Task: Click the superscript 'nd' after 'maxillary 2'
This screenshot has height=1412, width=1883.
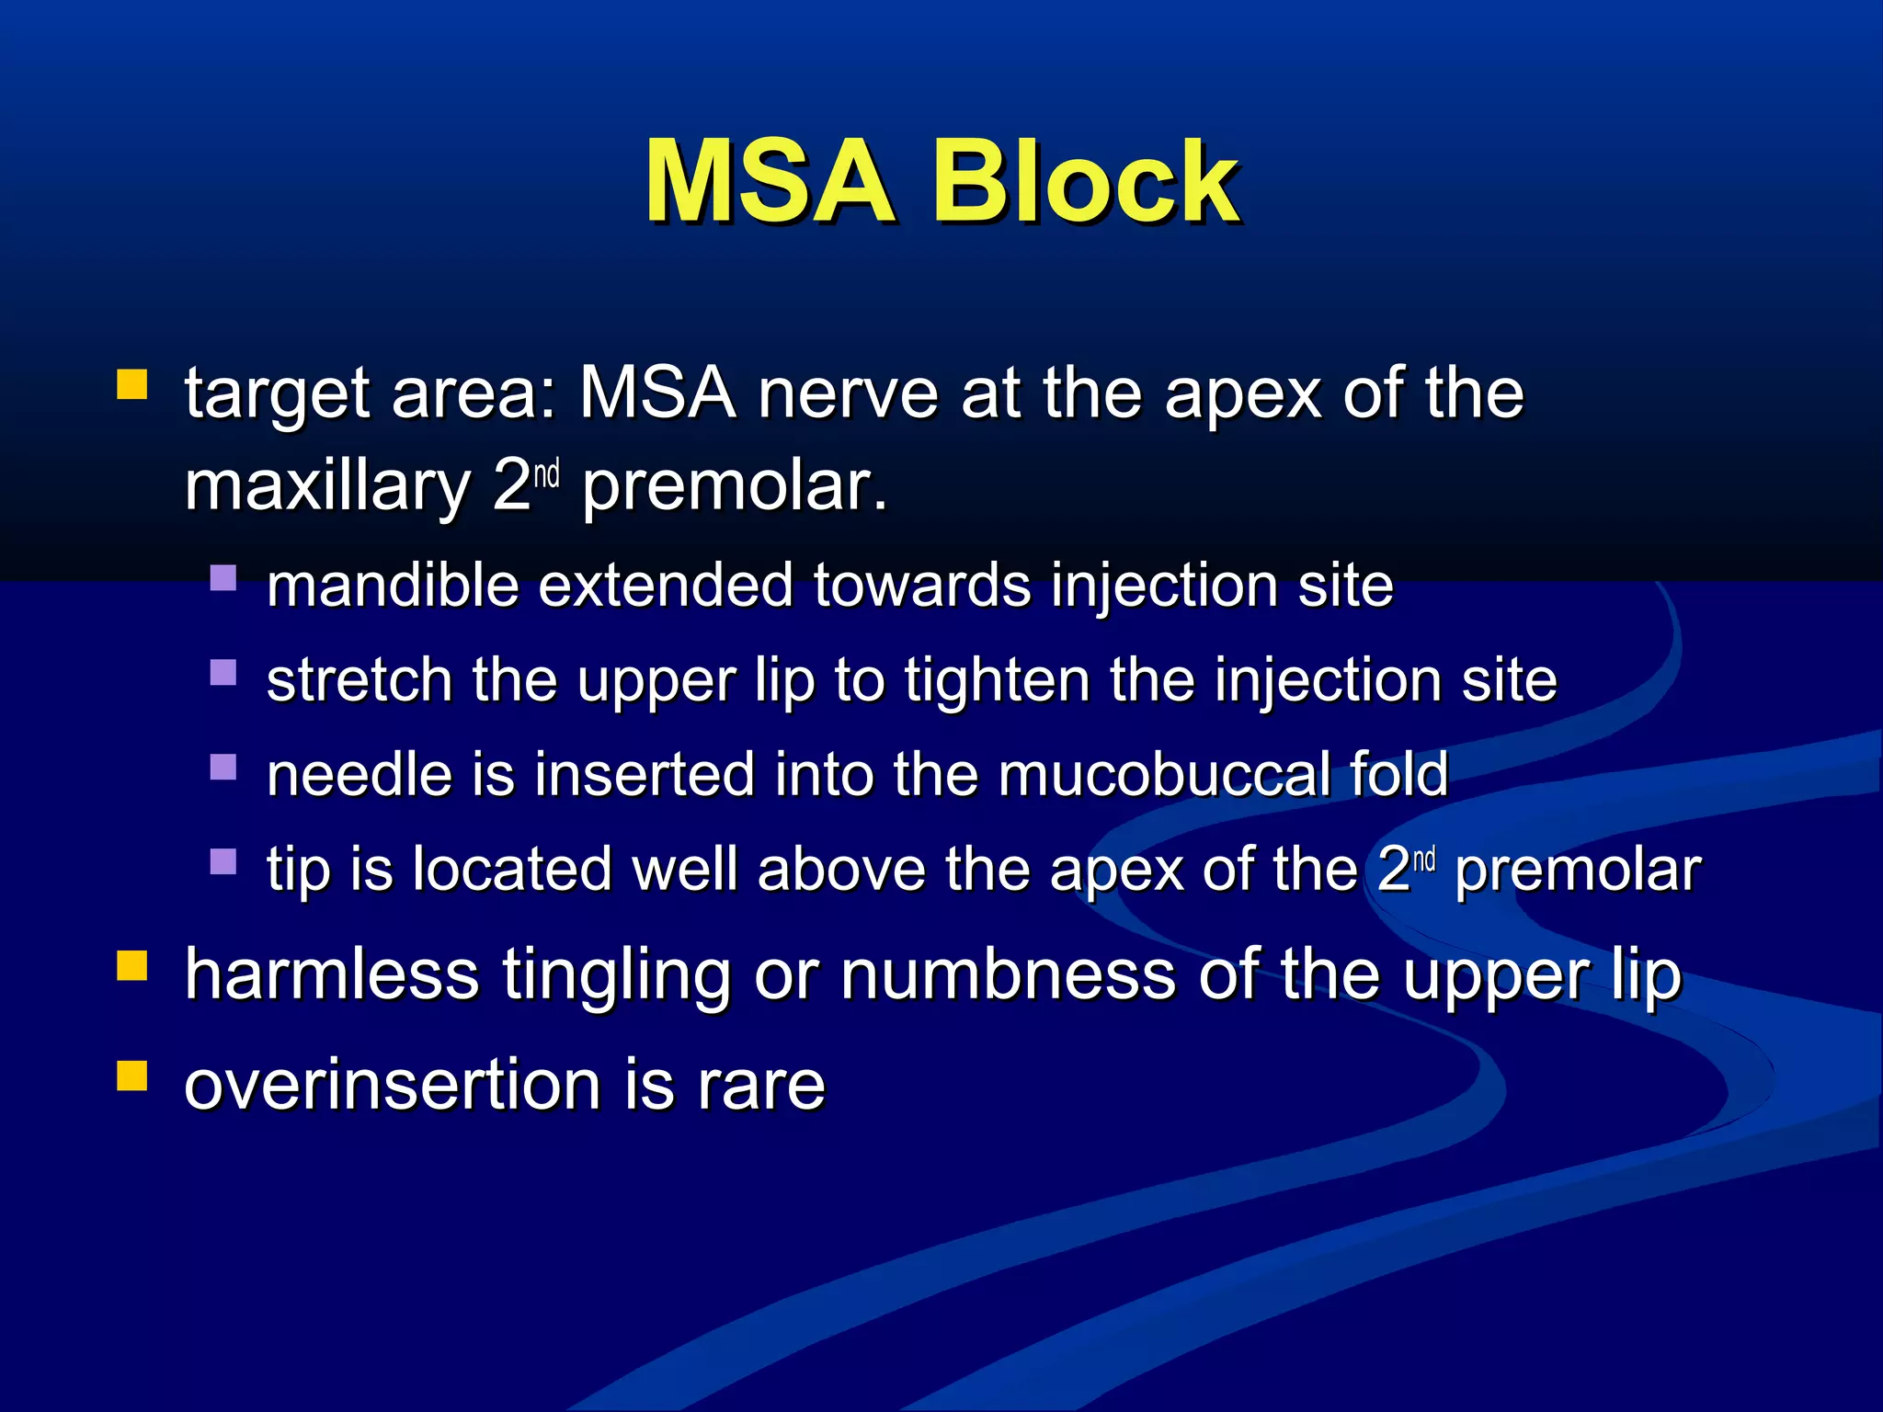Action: click(546, 474)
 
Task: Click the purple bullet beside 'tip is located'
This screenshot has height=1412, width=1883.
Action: click(223, 861)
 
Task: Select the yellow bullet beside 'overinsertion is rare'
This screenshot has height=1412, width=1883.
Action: click(132, 1075)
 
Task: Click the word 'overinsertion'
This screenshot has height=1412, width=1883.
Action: click(394, 1085)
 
